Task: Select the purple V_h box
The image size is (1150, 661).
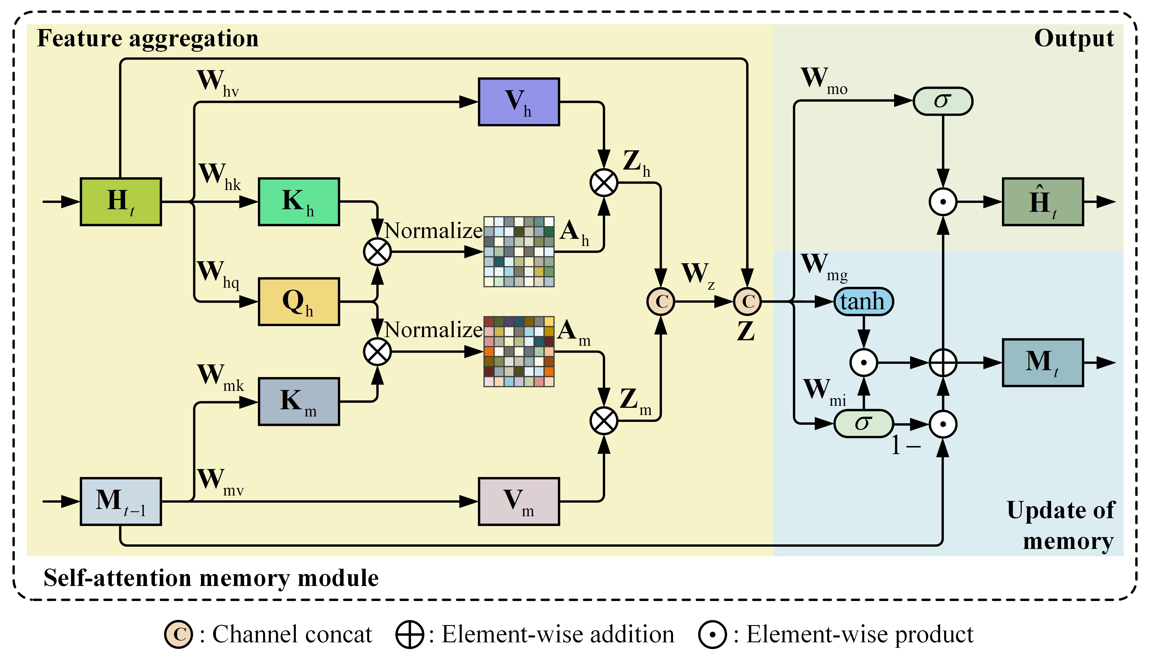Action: (518, 102)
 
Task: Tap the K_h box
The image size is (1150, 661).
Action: (299, 201)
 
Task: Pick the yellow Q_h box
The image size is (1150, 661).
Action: (299, 301)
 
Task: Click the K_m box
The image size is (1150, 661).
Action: (299, 401)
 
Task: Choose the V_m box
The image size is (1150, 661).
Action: (518, 501)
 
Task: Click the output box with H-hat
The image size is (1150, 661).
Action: (1042, 201)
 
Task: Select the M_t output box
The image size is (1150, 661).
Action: (1042, 362)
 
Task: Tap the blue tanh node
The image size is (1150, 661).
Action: (864, 301)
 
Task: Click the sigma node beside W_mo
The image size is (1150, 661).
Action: (942, 101)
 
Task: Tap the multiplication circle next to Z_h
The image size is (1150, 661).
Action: (604, 183)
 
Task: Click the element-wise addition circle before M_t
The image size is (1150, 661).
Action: (943, 363)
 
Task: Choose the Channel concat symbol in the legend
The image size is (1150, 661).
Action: (179, 634)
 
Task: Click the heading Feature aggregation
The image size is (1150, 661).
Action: (147, 38)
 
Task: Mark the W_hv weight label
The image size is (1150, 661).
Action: (217, 83)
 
